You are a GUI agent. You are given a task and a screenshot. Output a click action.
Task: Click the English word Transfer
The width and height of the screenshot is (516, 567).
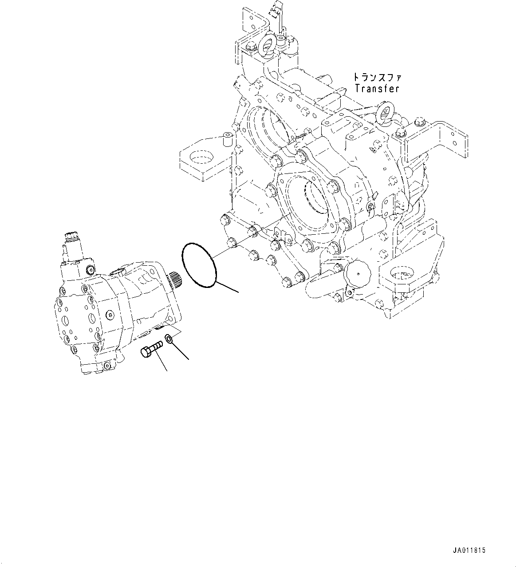[x=377, y=88]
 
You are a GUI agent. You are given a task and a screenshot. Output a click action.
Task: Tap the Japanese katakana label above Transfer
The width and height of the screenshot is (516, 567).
[x=377, y=77]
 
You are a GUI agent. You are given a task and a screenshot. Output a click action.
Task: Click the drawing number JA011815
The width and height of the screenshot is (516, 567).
[x=469, y=551]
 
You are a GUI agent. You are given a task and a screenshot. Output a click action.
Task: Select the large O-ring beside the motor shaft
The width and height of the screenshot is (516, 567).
[x=199, y=264]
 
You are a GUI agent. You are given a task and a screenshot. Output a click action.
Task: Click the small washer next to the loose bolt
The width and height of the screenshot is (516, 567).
[x=169, y=339]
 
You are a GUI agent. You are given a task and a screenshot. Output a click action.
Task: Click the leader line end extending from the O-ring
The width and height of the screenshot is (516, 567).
[x=238, y=292]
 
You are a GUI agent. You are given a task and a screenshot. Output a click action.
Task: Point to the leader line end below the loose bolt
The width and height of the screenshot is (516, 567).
[x=167, y=370]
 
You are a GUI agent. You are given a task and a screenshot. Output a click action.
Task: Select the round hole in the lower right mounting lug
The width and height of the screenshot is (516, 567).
[x=398, y=272]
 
